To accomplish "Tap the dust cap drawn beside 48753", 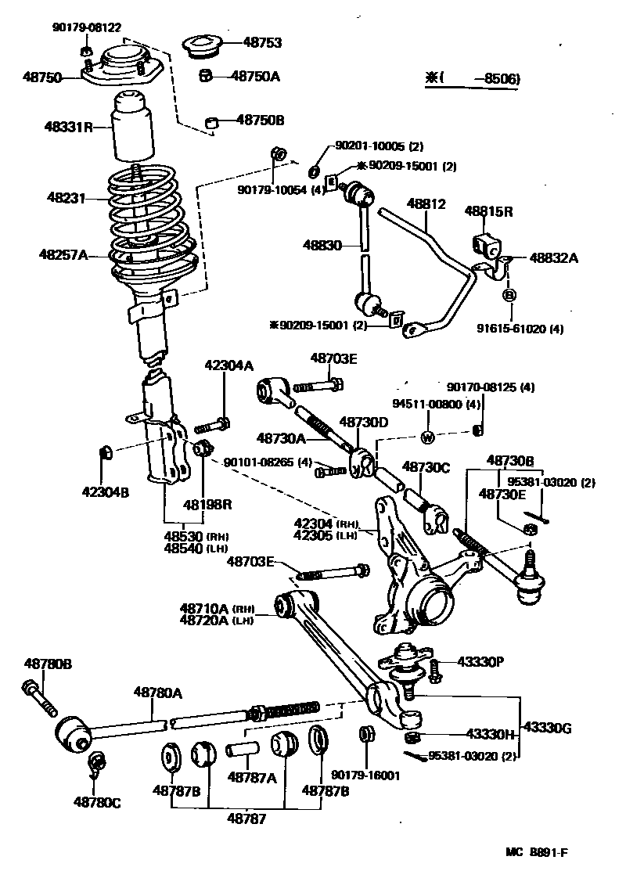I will point(203,46).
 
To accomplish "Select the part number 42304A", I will point(229,365).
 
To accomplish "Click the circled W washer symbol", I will point(429,437).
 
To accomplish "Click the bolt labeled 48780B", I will point(37,696).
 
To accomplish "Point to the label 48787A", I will point(252,778).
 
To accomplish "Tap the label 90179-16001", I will point(365,775).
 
